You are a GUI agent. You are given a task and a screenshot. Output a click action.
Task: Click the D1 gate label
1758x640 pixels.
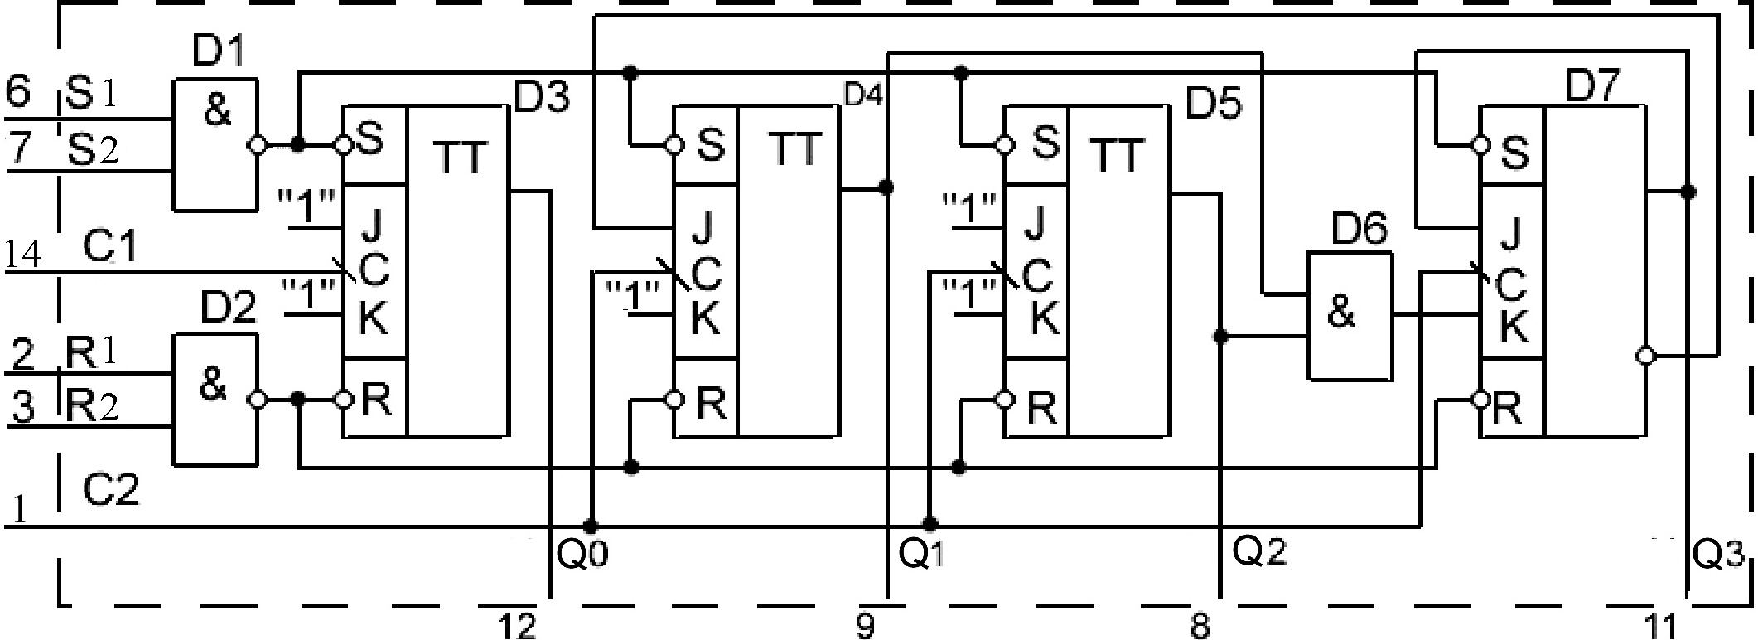tap(220, 55)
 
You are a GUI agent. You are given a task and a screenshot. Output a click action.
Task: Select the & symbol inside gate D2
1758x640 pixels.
tap(214, 385)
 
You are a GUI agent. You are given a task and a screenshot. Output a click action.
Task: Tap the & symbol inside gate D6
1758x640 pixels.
tap(1340, 314)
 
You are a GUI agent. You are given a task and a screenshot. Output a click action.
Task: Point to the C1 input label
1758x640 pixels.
tap(110, 247)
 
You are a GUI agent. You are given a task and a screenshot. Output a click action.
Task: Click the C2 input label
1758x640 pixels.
tap(111, 491)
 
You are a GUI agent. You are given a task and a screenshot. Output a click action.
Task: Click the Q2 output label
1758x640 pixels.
tap(1259, 550)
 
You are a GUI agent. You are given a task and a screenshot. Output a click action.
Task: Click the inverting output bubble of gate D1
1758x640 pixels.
tap(258, 145)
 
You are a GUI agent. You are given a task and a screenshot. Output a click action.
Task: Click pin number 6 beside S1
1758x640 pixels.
tap(18, 91)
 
